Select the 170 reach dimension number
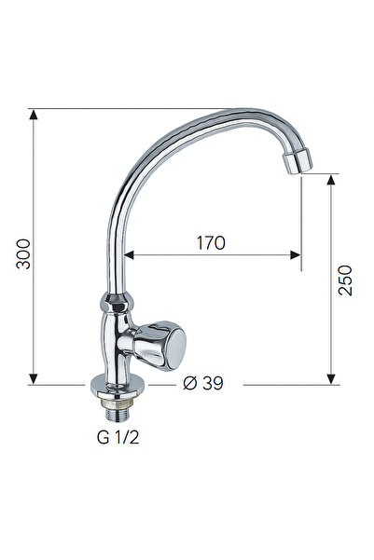(x=211, y=243)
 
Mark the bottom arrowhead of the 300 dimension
(x=34, y=378)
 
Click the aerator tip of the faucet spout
(x=296, y=163)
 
